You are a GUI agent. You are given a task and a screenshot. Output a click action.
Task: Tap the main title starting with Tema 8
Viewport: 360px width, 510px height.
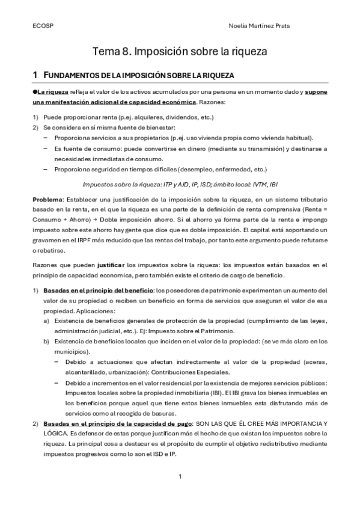[180, 52]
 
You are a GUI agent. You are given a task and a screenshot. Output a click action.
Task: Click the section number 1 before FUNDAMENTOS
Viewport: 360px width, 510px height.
[35, 75]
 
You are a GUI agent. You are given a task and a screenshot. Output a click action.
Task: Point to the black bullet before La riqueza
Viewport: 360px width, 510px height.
[35, 92]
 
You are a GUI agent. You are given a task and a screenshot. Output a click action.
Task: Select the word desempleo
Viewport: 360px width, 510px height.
[187, 169]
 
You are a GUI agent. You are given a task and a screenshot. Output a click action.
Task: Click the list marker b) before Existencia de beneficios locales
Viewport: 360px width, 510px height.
[46, 342]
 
